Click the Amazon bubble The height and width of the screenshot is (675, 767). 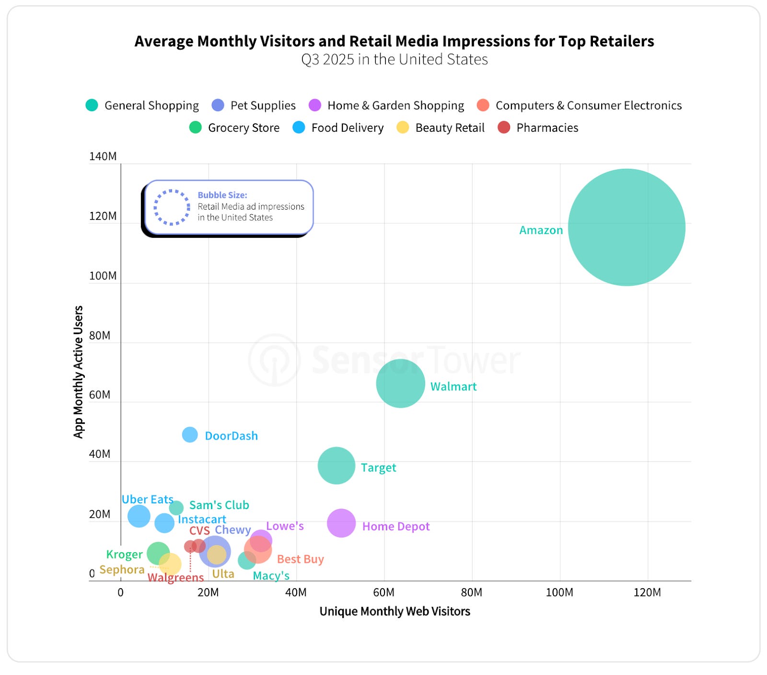click(627, 227)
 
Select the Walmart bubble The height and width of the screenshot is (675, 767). click(400, 384)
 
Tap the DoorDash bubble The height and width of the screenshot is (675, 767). click(190, 435)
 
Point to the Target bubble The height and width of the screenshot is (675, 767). click(337, 466)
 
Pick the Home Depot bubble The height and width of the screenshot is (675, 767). click(341, 523)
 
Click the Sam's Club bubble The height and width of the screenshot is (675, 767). click(176, 508)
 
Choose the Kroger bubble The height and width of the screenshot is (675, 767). click(158, 553)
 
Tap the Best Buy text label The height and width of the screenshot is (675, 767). click(301, 559)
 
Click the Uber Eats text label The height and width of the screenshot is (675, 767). click(147, 500)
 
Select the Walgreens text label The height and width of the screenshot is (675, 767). click(175, 577)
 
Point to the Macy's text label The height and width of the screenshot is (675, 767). click(271, 576)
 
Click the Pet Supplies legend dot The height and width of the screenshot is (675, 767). click(218, 105)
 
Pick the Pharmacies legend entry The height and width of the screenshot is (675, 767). click(538, 128)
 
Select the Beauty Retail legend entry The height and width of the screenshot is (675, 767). click(441, 128)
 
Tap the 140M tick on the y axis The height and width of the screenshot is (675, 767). click(103, 157)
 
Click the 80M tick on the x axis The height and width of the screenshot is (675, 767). click(472, 593)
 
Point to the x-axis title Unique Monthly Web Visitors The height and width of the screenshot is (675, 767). click(395, 612)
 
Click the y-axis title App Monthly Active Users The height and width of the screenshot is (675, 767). click(78, 372)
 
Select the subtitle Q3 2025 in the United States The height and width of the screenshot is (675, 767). click(395, 59)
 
